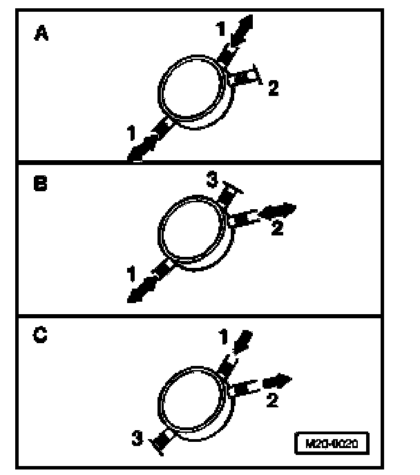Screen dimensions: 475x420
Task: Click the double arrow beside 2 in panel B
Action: pyautogui.click(x=280, y=210)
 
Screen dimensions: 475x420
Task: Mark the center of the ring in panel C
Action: pyautogui.click(x=190, y=398)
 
